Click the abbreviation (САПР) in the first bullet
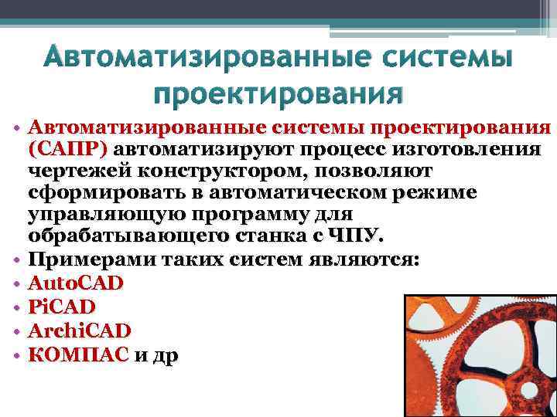[x=68, y=147]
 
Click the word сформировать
[x=91, y=190]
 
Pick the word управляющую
[x=90, y=212]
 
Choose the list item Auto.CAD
[x=75, y=283]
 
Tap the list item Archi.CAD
[x=79, y=331]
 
